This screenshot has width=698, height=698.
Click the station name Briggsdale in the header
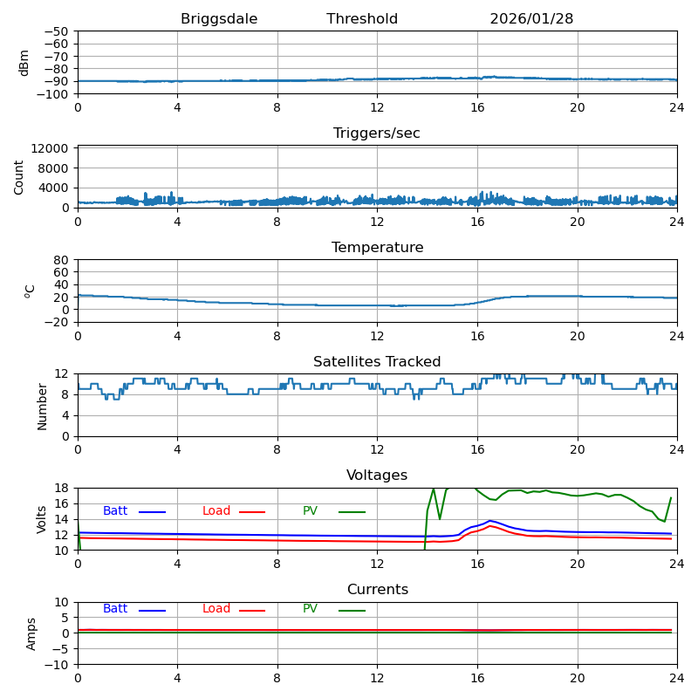coord(219,19)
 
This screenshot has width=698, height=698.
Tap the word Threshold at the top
coord(362,19)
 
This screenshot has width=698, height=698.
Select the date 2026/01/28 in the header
coord(531,19)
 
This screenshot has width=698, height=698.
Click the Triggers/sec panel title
coord(377,133)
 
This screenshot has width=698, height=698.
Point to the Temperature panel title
coord(377,248)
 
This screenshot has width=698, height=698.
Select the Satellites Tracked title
coord(377,362)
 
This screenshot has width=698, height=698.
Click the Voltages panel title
coord(377,476)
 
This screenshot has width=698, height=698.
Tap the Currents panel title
coord(377,590)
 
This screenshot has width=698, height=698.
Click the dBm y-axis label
coord(24,63)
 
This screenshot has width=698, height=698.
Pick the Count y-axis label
coord(20,177)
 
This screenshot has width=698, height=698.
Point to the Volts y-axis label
coord(42,519)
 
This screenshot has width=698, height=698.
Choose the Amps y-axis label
coord(31,633)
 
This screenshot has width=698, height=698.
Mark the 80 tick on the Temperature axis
coord(62,260)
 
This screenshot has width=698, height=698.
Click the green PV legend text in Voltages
coord(310,511)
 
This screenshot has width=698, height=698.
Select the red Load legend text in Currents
coord(216,609)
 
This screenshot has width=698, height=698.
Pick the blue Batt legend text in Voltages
coord(115,511)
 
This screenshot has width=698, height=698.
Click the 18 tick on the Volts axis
coord(62,488)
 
